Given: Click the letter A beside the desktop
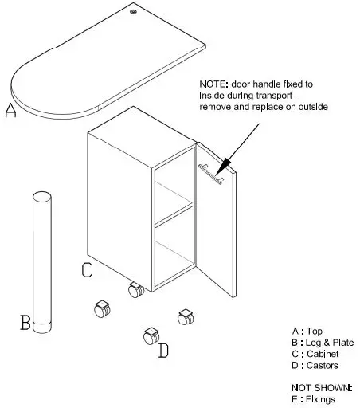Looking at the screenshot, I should [10, 111].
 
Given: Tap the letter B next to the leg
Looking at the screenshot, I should [25, 323].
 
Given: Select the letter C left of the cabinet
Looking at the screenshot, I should [88, 270].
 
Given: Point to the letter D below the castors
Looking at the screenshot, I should [163, 350].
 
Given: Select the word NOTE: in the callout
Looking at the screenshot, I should [217, 82].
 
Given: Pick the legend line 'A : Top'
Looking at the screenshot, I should [307, 331].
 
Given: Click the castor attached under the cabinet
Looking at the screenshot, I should [135, 290].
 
